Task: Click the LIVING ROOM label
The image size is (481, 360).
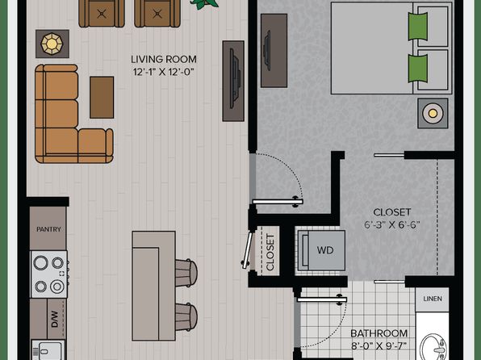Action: tap(164, 59)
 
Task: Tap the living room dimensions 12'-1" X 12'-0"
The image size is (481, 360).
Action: tap(164, 72)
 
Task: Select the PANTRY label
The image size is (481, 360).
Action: tap(48, 229)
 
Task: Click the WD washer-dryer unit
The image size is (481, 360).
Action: tap(322, 250)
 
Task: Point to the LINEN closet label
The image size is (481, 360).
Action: tap(433, 299)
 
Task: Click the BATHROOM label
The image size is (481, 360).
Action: tap(379, 333)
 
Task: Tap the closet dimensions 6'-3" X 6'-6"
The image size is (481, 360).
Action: tap(391, 225)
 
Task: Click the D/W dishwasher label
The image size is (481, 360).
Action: tap(55, 319)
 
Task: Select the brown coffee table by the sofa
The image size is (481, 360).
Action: tap(102, 98)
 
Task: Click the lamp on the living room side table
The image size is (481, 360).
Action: tap(52, 44)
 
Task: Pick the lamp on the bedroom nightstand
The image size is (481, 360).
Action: tap(433, 114)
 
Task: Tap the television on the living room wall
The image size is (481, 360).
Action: tap(235, 81)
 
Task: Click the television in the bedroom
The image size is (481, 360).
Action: tap(267, 50)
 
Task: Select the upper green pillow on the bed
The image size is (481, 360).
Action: tap(418, 27)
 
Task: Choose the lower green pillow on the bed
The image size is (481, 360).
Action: tap(418, 69)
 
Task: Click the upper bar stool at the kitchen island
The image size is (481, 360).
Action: tap(186, 273)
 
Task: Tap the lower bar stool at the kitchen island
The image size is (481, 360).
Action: tap(186, 317)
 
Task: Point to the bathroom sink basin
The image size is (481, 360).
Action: tap(433, 347)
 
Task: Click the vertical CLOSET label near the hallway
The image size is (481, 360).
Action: tap(270, 253)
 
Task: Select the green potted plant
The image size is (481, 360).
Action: tap(204, 4)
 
